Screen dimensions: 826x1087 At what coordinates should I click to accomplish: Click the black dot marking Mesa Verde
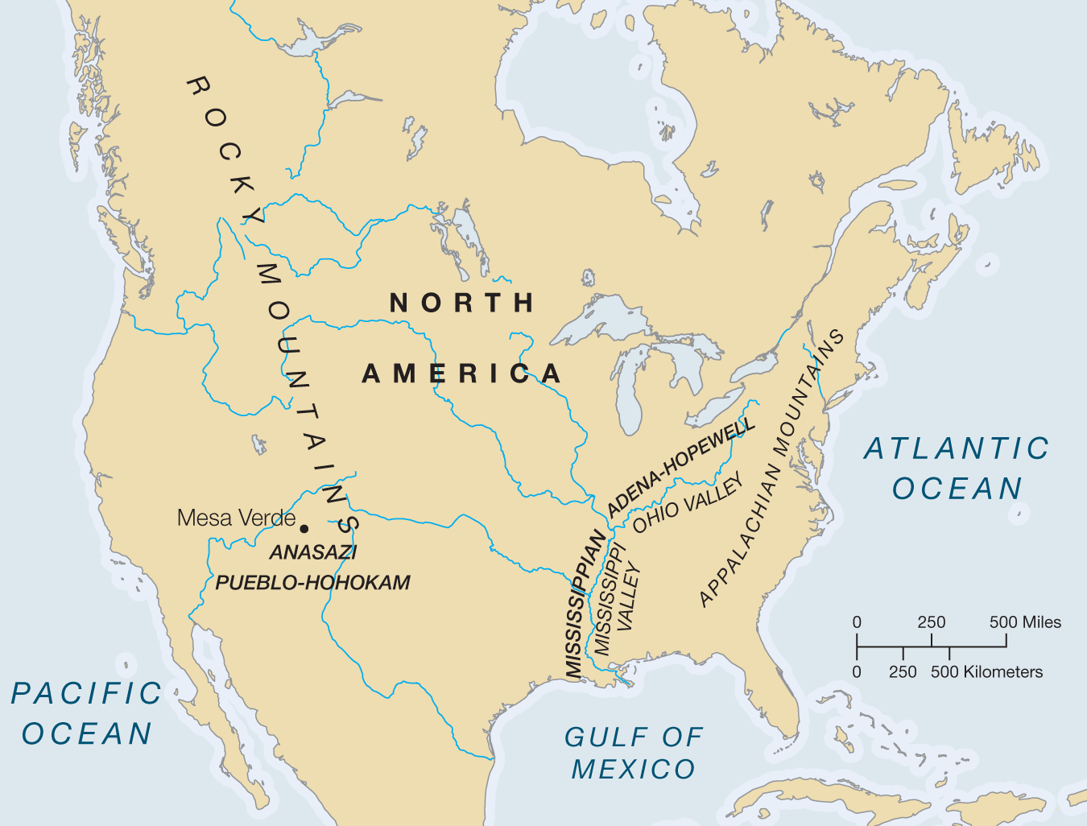[x=304, y=528]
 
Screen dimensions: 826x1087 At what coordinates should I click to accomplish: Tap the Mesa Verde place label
[x=236, y=518]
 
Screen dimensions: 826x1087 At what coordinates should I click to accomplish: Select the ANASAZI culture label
[x=313, y=552]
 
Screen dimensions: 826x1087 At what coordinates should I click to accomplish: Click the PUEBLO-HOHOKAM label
[x=312, y=582]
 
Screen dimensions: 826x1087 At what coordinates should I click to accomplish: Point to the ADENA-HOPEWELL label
[x=681, y=467]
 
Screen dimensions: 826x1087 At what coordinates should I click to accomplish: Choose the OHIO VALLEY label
[x=688, y=505]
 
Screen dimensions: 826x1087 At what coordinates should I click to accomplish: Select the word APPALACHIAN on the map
[x=739, y=535]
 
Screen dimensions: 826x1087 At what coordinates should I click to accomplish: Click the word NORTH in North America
[x=462, y=303]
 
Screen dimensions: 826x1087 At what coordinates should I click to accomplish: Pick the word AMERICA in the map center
[x=461, y=374]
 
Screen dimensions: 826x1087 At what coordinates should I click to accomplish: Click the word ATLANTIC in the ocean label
[x=957, y=448]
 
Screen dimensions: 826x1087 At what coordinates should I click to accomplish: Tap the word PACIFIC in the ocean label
[x=87, y=693]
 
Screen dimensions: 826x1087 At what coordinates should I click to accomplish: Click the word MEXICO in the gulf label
[x=633, y=770]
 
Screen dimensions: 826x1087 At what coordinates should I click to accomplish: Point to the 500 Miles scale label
[x=1024, y=622]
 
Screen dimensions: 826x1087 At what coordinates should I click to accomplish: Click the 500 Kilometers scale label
[x=986, y=672]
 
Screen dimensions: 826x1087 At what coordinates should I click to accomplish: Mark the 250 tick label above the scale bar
[x=932, y=622]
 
